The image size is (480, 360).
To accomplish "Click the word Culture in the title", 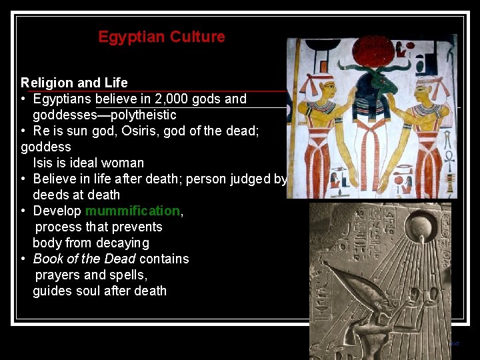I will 197,37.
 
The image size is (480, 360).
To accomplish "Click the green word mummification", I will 133,211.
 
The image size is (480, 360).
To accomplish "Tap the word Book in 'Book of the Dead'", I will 48,259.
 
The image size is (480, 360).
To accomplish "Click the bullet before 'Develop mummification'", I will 23,211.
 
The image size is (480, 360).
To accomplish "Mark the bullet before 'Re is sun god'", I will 23,131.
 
